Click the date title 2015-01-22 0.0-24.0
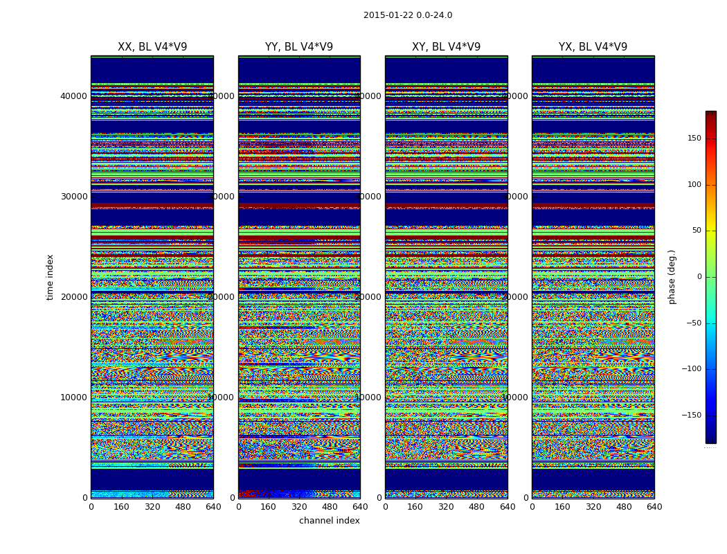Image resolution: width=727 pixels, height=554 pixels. click(408, 15)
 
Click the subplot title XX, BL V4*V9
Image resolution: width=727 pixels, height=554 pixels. click(152, 47)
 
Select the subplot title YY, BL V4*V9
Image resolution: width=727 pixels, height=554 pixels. click(299, 47)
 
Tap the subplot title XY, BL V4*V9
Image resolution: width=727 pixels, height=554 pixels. click(446, 47)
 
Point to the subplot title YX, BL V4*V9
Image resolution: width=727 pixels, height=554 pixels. click(593, 47)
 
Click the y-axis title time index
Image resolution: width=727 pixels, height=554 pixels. click(50, 276)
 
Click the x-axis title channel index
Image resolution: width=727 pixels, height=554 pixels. click(330, 521)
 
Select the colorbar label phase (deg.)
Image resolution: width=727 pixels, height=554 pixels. click(672, 276)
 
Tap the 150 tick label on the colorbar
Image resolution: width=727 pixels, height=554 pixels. click(693, 138)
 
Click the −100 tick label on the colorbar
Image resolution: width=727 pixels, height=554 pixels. click(691, 369)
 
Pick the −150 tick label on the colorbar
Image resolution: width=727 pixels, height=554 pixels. click(691, 415)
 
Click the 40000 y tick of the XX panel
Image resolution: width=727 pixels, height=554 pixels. click(74, 96)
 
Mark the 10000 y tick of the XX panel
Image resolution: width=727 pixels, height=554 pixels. click(74, 397)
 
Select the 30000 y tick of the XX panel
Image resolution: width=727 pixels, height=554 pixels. click(74, 196)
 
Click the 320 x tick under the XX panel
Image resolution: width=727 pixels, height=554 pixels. click(152, 507)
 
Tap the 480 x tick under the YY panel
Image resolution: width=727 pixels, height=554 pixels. click(330, 507)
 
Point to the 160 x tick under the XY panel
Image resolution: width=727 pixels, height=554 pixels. click(415, 507)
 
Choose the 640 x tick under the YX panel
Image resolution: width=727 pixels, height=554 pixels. click(654, 507)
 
